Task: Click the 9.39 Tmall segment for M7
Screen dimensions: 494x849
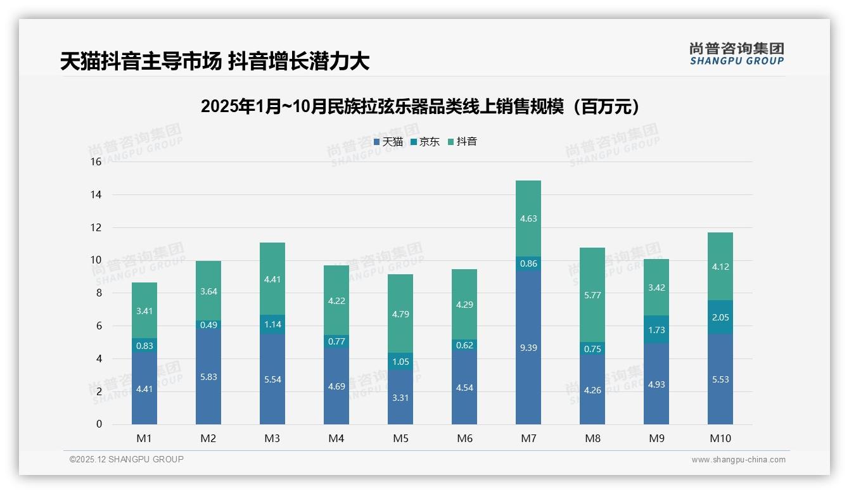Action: tap(528, 347)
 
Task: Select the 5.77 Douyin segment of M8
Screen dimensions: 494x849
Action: tap(592, 295)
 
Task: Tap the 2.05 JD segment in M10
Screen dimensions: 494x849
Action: tap(720, 317)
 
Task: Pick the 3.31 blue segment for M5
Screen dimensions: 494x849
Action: tap(400, 397)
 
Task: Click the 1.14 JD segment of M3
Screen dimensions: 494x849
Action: tap(272, 324)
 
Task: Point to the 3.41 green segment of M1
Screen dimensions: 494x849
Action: tap(144, 310)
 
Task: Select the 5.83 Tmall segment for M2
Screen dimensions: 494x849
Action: tap(208, 376)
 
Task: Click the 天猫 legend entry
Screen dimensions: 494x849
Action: tap(388, 142)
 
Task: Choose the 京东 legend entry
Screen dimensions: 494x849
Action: tap(425, 142)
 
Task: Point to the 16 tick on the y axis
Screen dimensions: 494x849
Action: tap(96, 162)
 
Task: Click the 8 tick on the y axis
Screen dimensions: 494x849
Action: tap(98, 293)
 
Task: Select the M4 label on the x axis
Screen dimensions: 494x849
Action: tap(336, 438)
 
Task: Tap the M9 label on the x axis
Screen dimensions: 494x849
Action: tap(656, 438)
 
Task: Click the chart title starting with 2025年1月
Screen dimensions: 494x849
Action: tap(419, 106)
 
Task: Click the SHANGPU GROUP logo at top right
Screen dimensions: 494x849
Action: tap(736, 54)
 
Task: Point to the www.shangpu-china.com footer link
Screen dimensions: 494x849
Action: tap(738, 460)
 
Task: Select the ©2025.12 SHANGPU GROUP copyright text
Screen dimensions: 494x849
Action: tap(127, 460)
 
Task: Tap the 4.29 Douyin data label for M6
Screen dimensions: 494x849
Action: tap(464, 305)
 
